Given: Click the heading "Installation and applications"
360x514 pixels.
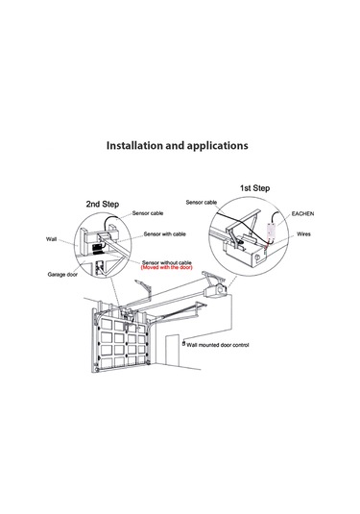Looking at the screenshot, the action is [178, 145].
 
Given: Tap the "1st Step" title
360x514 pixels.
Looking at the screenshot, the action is [254, 188].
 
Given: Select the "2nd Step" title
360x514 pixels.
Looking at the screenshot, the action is [103, 205].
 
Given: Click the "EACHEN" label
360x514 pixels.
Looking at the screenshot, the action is [302, 213].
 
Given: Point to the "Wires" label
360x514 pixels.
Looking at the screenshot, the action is [303, 234].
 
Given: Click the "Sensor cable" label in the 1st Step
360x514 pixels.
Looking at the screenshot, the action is [202, 203].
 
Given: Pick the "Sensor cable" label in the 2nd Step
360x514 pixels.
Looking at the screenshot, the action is [148, 213].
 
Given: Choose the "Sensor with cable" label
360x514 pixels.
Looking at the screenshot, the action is [165, 234].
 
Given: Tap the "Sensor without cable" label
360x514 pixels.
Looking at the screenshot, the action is [166, 262].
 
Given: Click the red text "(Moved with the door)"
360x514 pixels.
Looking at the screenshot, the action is [167, 267].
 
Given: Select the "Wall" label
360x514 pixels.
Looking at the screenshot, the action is [51, 239].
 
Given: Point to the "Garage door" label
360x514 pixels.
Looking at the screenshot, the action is [62, 275].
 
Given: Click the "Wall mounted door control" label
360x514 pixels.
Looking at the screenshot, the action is [218, 345].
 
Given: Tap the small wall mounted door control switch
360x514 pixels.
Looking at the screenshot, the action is [183, 344].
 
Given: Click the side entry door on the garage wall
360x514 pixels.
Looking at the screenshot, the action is [172, 351].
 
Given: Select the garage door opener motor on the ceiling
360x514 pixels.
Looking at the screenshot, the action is [216, 290].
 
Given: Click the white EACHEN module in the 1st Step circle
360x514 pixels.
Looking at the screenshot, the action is [272, 232].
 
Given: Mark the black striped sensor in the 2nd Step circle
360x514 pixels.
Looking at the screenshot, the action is [98, 249].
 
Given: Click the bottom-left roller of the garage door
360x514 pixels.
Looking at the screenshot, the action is [96, 370].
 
